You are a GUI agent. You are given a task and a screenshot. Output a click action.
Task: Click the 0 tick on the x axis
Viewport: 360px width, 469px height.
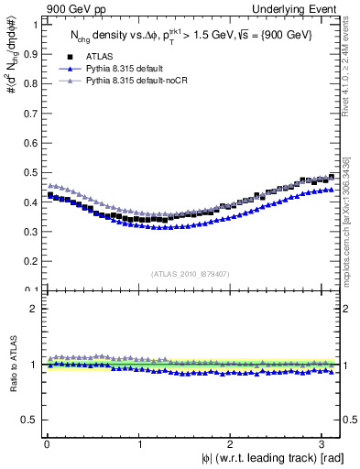coord(46,444)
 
